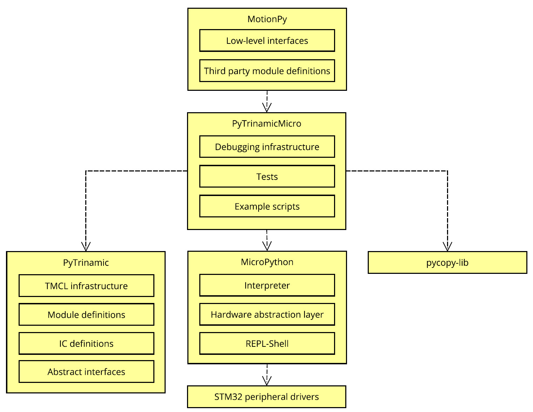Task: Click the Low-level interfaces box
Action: [x=267, y=40]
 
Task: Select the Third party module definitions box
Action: [x=267, y=70]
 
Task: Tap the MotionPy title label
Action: [x=267, y=19]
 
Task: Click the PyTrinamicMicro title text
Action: [x=267, y=123]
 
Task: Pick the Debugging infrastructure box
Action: [x=267, y=147]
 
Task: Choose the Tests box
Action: [x=267, y=176]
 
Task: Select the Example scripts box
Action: [x=267, y=206]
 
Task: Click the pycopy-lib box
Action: [x=447, y=262]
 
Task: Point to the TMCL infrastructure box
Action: [x=86, y=285]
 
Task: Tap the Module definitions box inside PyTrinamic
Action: [x=86, y=315]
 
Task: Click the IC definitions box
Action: [x=86, y=343]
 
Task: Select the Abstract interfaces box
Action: [x=86, y=372]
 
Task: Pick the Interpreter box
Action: [x=267, y=285]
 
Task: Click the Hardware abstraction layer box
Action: [x=267, y=314]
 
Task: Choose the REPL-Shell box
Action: [x=267, y=343]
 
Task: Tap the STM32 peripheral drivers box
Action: [x=267, y=397]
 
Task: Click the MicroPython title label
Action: [x=267, y=262]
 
